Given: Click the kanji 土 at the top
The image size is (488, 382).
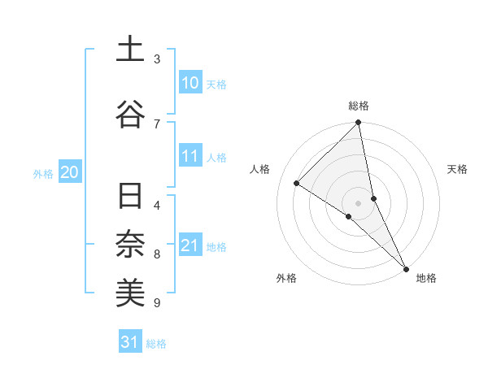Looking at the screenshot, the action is click(130, 50).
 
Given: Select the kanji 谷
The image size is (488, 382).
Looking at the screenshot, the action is click(130, 115).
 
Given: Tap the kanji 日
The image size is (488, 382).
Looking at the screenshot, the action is click(130, 198).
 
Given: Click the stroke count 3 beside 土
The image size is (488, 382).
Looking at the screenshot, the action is click(157, 59).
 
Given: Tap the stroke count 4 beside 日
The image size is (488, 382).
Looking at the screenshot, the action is click(157, 205).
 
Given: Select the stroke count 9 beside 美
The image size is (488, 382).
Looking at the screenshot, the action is click(157, 303).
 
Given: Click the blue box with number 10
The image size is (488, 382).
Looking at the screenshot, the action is click(190, 83).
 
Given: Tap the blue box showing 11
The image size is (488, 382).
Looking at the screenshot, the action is click(190, 156).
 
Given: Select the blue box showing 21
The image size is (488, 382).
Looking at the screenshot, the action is click(190, 245).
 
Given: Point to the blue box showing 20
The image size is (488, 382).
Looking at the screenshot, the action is click(69, 172).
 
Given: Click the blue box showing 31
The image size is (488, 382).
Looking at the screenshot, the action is click(129, 342).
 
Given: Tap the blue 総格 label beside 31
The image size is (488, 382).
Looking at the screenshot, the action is click(156, 344).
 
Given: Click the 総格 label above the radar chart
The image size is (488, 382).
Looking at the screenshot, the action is click(359, 106).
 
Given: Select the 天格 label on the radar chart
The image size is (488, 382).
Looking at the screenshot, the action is click(457, 169).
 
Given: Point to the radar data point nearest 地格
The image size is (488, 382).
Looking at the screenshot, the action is click(405, 267).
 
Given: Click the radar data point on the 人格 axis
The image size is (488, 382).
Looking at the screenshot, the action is click(297, 184).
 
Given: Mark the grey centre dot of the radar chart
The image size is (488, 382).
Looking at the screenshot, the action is click(359, 202).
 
